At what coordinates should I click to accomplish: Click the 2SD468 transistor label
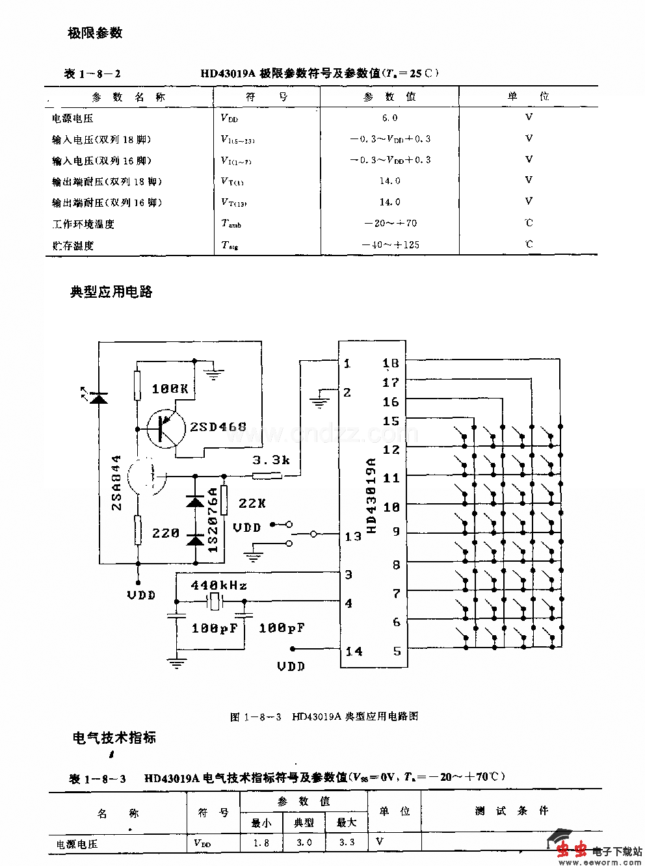click(x=218, y=427)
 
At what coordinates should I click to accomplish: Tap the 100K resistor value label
click(x=170, y=389)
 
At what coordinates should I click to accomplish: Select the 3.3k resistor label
click(x=270, y=460)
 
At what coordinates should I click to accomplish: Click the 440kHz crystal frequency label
click(x=218, y=585)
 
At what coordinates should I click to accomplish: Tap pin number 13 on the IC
click(x=353, y=536)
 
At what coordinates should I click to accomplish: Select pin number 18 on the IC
click(x=391, y=363)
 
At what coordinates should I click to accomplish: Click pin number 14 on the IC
click(x=354, y=651)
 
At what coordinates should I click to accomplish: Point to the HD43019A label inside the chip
click(x=372, y=495)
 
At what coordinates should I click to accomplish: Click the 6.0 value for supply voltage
click(x=389, y=118)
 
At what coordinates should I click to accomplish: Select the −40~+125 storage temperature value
click(x=390, y=245)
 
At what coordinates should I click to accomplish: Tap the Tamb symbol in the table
click(x=231, y=224)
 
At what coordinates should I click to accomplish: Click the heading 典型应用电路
click(x=111, y=292)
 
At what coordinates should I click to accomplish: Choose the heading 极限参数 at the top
click(x=95, y=33)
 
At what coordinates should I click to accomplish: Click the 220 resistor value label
click(x=166, y=533)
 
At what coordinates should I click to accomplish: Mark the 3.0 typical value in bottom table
click(x=304, y=843)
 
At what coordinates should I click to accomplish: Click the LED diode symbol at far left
click(x=99, y=397)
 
